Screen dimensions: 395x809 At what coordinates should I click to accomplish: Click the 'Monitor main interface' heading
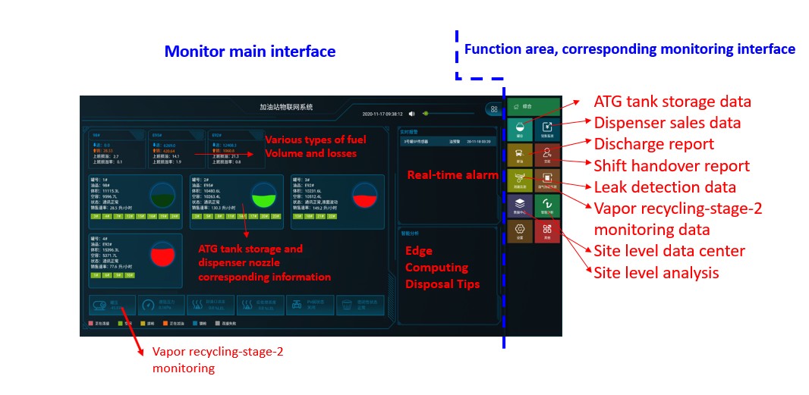[x=250, y=52]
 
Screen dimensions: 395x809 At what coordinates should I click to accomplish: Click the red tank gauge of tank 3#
[x=365, y=196]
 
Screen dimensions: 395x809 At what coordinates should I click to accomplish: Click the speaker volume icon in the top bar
[x=411, y=114]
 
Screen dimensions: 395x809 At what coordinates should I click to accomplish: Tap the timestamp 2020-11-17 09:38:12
[x=382, y=114]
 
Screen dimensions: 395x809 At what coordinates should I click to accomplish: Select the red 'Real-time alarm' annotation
[x=445, y=175]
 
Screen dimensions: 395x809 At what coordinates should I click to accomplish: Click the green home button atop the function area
[x=534, y=107]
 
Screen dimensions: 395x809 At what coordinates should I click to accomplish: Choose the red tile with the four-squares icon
[x=547, y=231]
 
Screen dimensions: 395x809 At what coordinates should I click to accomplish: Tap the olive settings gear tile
[x=520, y=231]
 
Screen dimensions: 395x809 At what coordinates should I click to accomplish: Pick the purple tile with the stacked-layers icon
[x=520, y=205]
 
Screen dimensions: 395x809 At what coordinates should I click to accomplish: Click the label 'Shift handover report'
[x=672, y=165]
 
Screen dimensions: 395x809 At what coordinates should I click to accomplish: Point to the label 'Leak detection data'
[x=664, y=187]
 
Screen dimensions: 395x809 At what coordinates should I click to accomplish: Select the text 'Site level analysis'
[x=656, y=272]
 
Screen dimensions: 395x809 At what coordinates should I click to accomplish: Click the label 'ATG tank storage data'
[x=672, y=102]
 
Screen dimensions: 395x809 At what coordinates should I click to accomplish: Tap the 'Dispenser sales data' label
[x=667, y=123]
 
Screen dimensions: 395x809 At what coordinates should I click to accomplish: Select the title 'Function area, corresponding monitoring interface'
[x=629, y=49]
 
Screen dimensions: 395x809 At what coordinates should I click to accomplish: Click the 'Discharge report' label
[x=653, y=144]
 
